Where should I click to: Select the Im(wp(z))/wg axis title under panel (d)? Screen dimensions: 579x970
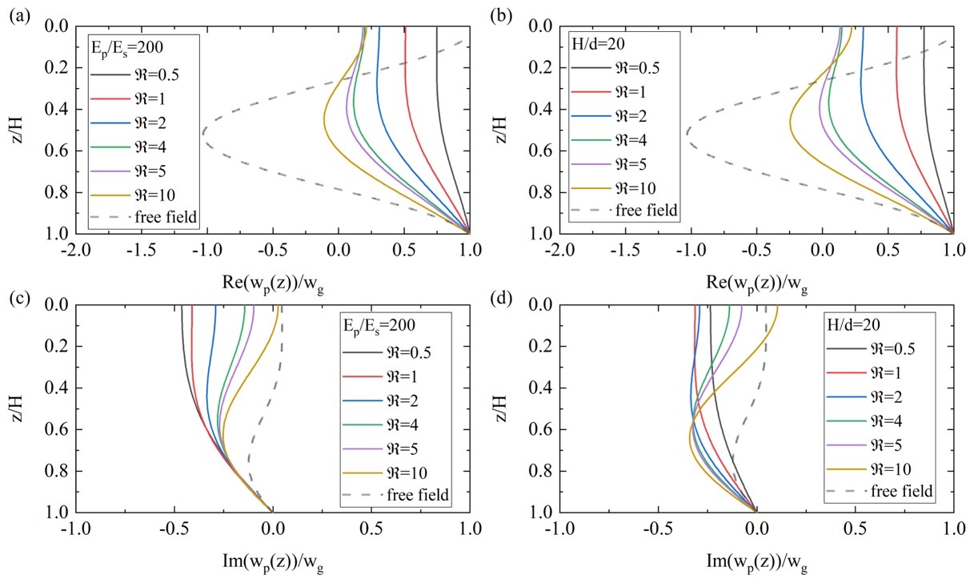point(756,554)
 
